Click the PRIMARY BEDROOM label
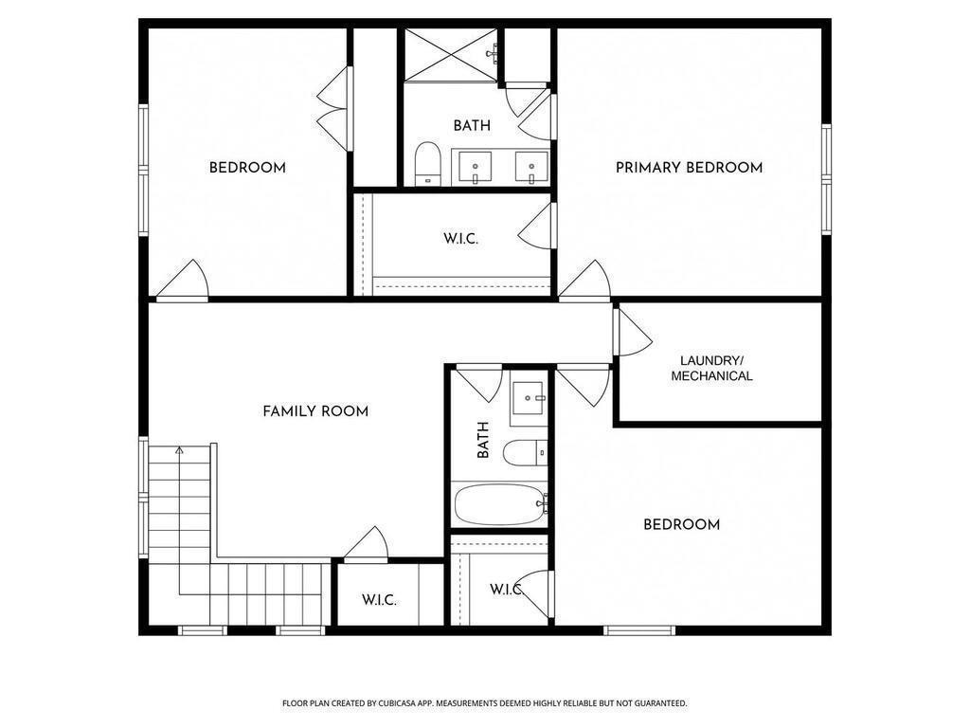coord(689,168)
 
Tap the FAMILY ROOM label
coord(315,411)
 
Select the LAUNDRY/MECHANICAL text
coord(711,368)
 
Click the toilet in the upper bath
coord(428,163)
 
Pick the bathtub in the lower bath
coord(499,504)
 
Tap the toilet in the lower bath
coord(524,453)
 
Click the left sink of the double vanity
coord(473,166)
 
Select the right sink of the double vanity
coord(530,166)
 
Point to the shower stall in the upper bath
coord(451,54)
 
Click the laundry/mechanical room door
coord(632,334)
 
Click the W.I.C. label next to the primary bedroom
coord(460,239)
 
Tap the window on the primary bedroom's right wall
coord(826,179)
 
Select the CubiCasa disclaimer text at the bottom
coord(484,703)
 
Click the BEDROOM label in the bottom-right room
coord(681,524)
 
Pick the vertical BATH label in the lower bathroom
coord(483,440)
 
